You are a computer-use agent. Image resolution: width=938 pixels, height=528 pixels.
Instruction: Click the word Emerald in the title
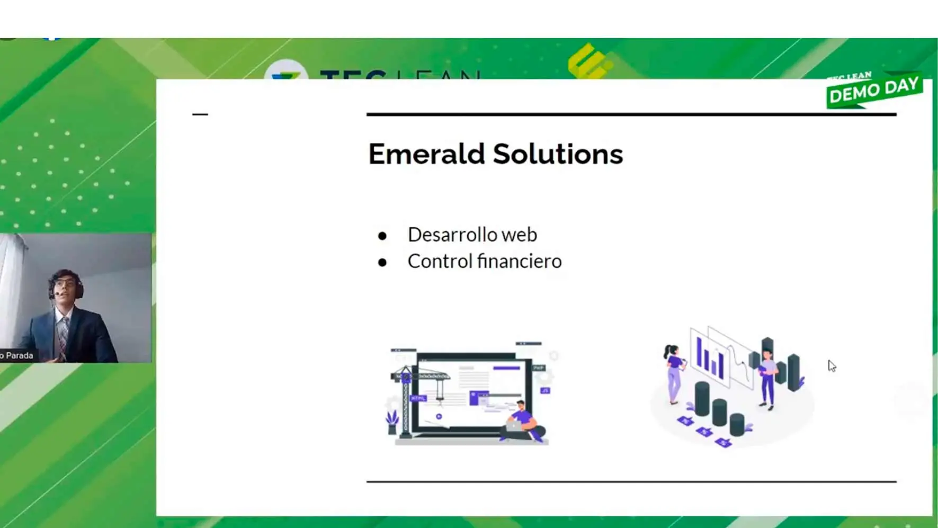pos(426,154)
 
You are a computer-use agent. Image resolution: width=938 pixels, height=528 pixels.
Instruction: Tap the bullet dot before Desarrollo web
pos(382,236)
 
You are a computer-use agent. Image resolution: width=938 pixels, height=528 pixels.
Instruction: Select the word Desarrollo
pos(452,235)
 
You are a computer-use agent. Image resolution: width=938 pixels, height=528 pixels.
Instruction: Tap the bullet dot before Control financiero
pos(382,263)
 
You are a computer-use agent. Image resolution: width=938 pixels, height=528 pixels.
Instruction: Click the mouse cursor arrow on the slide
pos(832,365)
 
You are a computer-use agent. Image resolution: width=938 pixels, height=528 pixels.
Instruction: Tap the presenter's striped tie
pos(63,336)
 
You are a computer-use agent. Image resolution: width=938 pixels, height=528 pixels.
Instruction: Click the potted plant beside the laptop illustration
pos(392,422)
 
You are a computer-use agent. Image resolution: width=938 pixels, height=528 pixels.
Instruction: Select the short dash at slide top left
pos(200,114)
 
